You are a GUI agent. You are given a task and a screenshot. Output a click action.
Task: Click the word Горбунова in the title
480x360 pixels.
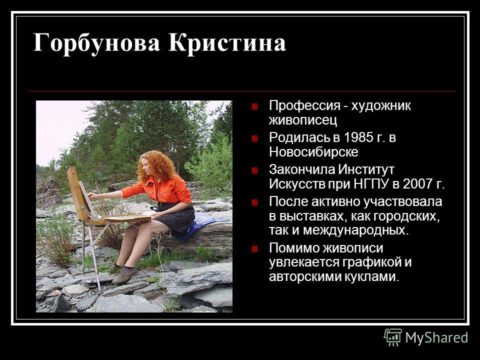pos(96,43)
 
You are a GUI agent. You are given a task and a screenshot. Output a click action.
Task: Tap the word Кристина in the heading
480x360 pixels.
pos(227,42)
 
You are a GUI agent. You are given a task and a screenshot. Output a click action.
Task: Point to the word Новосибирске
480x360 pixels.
pos(313,152)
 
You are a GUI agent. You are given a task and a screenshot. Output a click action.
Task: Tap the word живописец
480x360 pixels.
pos(303,120)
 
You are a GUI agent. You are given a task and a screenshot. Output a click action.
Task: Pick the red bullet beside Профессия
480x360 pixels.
pos(254,106)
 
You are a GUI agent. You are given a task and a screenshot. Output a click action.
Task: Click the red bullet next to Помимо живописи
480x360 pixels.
pos(254,248)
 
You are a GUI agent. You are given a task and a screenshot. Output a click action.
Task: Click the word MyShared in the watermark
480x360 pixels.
pos(436,337)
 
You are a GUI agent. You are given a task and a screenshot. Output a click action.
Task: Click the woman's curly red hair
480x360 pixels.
pos(155,167)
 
